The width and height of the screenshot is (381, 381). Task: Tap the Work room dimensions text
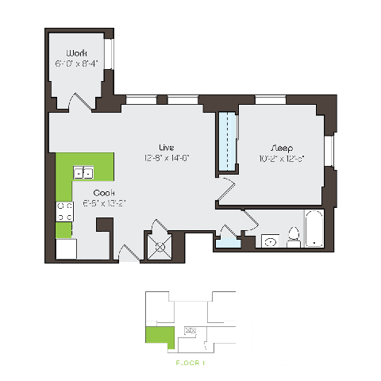point(76,62)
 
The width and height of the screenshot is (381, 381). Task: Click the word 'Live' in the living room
point(166,147)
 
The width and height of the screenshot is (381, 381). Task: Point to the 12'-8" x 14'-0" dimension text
point(166,157)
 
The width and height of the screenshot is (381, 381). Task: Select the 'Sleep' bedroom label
point(281,148)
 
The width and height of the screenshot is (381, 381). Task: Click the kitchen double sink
point(83,173)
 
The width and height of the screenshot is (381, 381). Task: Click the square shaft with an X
point(164,247)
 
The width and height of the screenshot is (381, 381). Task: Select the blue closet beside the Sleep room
point(229,140)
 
